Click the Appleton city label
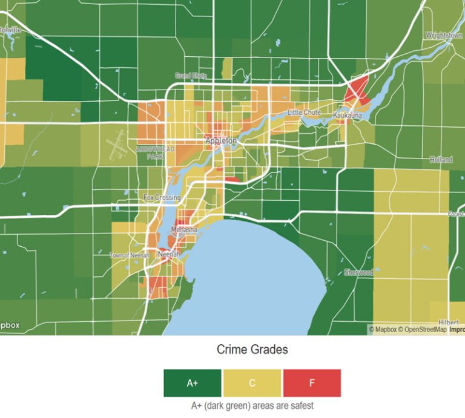[x=220, y=140]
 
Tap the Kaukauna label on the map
[x=348, y=114]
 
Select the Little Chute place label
[x=304, y=113]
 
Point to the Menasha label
[x=184, y=230]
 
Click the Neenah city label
[x=168, y=255]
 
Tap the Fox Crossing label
[x=162, y=198]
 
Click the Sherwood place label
[x=358, y=272]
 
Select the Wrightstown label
[x=444, y=36]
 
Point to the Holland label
[x=441, y=160]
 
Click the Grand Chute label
[x=191, y=76]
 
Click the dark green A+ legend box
[x=192, y=383]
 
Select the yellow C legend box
[x=252, y=383]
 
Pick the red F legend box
[x=312, y=383]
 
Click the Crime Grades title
[x=252, y=350]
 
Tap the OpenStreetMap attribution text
[x=425, y=330]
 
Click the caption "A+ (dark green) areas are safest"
[x=252, y=406]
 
